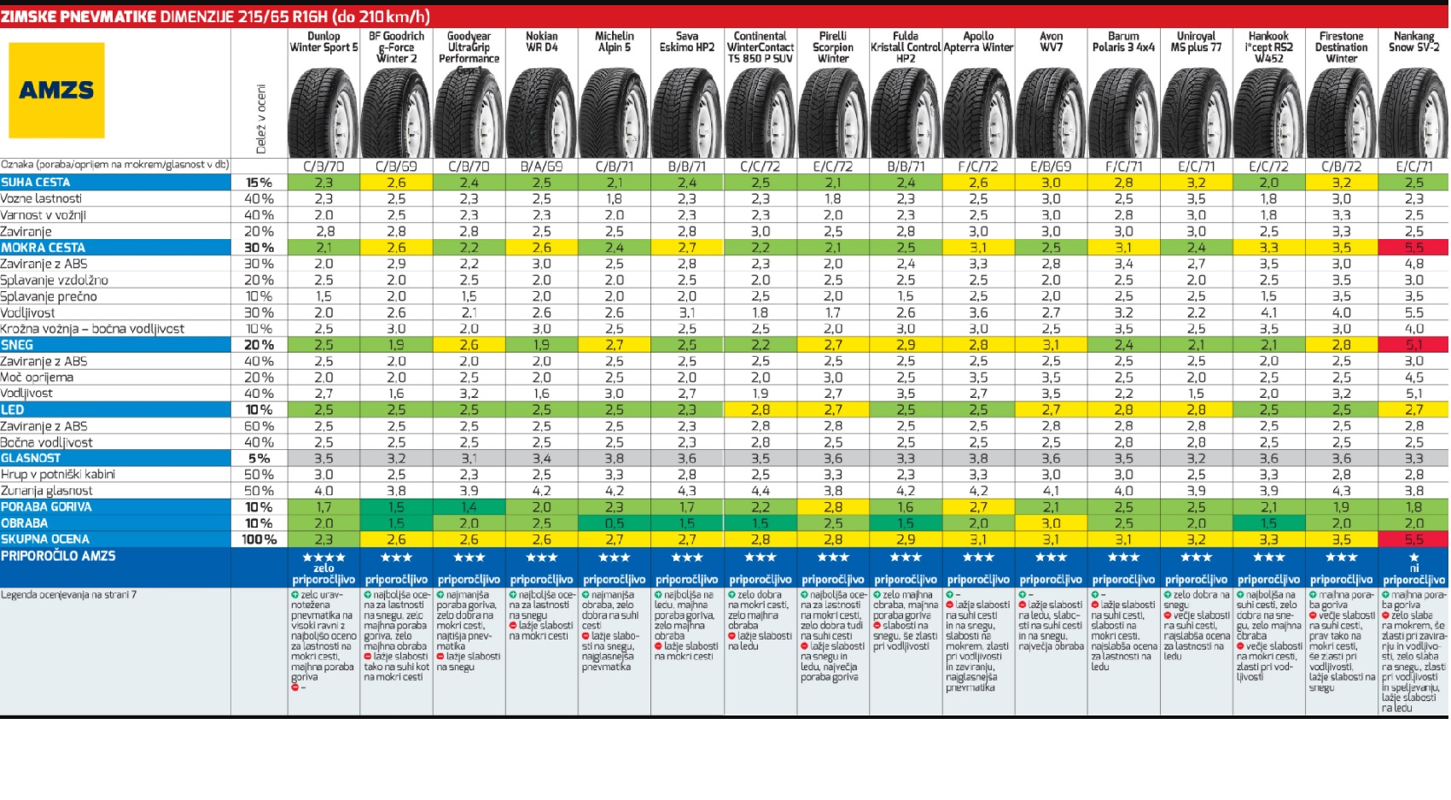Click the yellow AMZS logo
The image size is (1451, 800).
pyautogui.click(x=56, y=90)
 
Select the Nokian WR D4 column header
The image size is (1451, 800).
pyautogui.click(x=541, y=42)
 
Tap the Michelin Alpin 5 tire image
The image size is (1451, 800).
pyautogui.click(x=614, y=113)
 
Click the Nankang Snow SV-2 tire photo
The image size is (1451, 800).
pyautogui.click(x=1413, y=113)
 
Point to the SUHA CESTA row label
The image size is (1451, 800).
pyautogui.click(x=36, y=182)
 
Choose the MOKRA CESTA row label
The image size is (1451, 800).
pyautogui.click(x=43, y=248)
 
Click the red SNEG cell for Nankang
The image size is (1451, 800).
pyautogui.click(x=1413, y=345)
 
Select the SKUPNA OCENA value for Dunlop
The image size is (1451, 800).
pyautogui.click(x=323, y=540)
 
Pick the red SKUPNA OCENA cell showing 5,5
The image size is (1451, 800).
pyautogui.click(x=1413, y=540)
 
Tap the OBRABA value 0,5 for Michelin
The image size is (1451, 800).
pyautogui.click(x=614, y=523)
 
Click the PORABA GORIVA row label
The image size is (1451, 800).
pyautogui.click(x=46, y=507)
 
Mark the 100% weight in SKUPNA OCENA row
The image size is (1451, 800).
pyautogui.click(x=259, y=540)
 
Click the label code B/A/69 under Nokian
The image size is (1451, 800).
pyautogui.click(x=541, y=166)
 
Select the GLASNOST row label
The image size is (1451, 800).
pyautogui.click(x=31, y=458)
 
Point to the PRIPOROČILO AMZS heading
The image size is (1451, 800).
pyautogui.click(x=58, y=556)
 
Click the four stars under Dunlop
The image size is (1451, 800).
pyautogui.click(x=323, y=558)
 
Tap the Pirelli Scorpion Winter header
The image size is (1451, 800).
pyautogui.click(x=833, y=47)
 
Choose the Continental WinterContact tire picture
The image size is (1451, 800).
pyautogui.click(x=760, y=113)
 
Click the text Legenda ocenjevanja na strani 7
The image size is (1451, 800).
pyautogui.click(x=68, y=594)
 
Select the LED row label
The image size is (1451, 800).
pyautogui.click(x=13, y=410)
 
